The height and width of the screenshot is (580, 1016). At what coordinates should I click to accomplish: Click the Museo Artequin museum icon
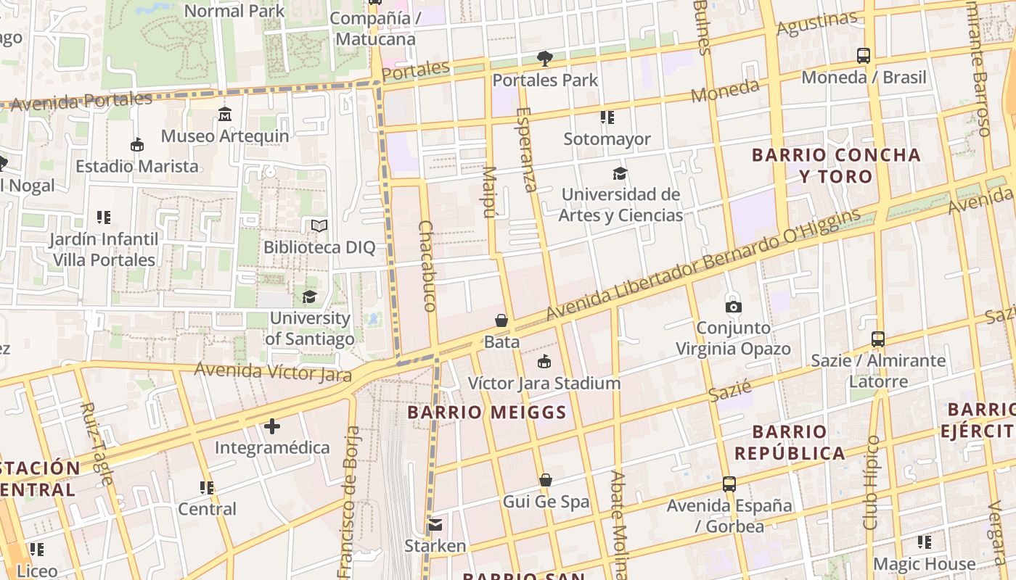pyautogui.click(x=225, y=115)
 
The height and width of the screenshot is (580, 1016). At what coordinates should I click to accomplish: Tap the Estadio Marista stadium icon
pyautogui.click(x=136, y=145)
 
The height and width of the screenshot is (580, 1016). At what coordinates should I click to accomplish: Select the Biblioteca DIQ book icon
pyautogui.click(x=319, y=226)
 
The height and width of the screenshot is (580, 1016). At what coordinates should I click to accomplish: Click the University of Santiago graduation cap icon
pyautogui.click(x=309, y=297)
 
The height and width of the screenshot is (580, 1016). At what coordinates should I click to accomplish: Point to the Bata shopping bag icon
pyautogui.click(x=501, y=320)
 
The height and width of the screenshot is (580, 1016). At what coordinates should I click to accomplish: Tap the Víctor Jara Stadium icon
pyautogui.click(x=544, y=362)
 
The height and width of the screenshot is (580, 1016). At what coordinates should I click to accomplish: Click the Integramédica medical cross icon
pyautogui.click(x=272, y=426)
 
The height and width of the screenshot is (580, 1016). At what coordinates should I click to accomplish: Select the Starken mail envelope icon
pyautogui.click(x=435, y=524)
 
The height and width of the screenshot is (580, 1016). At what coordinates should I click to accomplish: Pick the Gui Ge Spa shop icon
pyautogui.click(x=546, y=480)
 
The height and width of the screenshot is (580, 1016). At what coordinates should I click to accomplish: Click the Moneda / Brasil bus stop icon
pyautogui.click(x=864, y=56)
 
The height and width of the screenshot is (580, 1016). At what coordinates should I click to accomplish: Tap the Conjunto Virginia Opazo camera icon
pyautogui.click(x=733, y=307)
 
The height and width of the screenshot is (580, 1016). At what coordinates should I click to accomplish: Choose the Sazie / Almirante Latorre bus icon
pyautogui.click(x=878, y=339)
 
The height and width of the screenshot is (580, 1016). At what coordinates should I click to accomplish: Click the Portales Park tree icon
pyautogui.click(x=544, y=59)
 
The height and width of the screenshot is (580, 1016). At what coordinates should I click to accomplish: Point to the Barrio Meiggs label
pyautogui.click(x=486, y=413)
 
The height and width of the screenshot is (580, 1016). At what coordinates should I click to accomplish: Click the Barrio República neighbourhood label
pyautogui.click(x=790, y=443)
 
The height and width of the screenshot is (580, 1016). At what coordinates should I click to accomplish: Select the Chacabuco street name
pyautogui.click(x=427, y=266)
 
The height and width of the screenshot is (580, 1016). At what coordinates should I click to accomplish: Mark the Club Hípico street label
pyautogui.click(x=871, y=482)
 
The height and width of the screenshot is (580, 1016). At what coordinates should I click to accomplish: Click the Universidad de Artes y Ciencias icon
pyautogui.click(x=620, y=173)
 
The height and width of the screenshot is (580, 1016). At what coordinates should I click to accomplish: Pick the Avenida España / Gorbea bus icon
pyautogui.click(x=729, y=484)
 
